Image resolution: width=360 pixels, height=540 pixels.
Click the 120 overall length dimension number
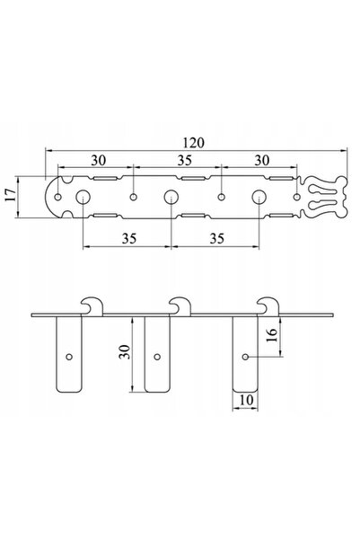(x=193, y=143)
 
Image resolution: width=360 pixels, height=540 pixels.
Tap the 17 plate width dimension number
(x=11, y=195)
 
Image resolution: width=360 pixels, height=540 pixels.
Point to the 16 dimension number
(x=271, y=335)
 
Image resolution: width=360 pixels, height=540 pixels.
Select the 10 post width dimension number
(x=246, y=400)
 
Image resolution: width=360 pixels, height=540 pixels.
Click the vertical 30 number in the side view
(x=125, y=352)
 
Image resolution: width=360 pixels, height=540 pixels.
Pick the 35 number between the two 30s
(x=184, y=161)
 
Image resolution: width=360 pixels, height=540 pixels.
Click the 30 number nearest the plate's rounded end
(x=99, y=161)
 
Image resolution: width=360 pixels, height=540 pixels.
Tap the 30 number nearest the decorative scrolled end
(x=262, y=161)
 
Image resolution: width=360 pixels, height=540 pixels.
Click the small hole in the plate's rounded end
(x=58, y=197)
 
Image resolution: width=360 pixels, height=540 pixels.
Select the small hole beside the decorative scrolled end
(x=296, y=197)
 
